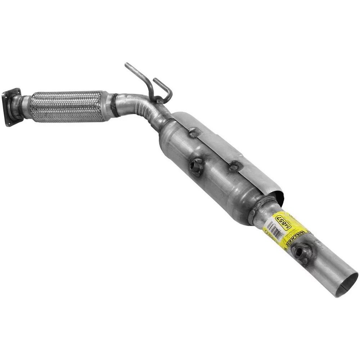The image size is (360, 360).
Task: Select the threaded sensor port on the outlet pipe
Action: click(300, 251)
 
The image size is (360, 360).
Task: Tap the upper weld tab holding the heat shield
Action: click(194, 133)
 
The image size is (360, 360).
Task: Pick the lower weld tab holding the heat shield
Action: click(235, 166)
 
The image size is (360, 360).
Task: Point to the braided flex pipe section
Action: click(67, 106)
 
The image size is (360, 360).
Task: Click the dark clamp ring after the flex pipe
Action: click(114, 105)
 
